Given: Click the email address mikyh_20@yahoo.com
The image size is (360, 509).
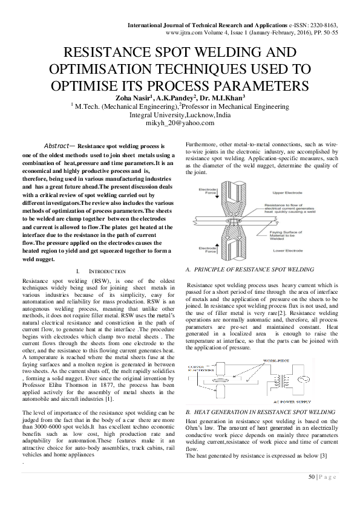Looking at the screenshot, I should coord(180,122).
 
